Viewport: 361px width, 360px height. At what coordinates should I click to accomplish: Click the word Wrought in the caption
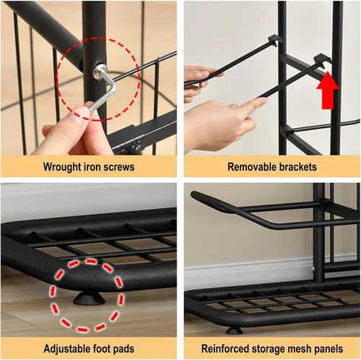pos(62,167)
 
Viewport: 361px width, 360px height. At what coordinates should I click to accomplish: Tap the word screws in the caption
pos(119,167)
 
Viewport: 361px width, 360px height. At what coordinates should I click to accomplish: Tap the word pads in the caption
pos(124,348)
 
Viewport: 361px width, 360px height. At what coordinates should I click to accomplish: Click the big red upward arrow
pos(327,90)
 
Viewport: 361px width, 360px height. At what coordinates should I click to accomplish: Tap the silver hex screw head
pos(97,72)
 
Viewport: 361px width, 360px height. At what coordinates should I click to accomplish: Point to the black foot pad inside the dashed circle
pos(89,299)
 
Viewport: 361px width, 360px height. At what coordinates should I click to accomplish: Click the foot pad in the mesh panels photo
pos(235,330)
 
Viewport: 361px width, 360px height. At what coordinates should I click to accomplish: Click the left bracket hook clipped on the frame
pos(274,39)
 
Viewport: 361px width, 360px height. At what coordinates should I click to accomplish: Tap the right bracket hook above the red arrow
pos(322,59)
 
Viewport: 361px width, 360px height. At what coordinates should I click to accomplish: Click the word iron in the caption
pos(92,167)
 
